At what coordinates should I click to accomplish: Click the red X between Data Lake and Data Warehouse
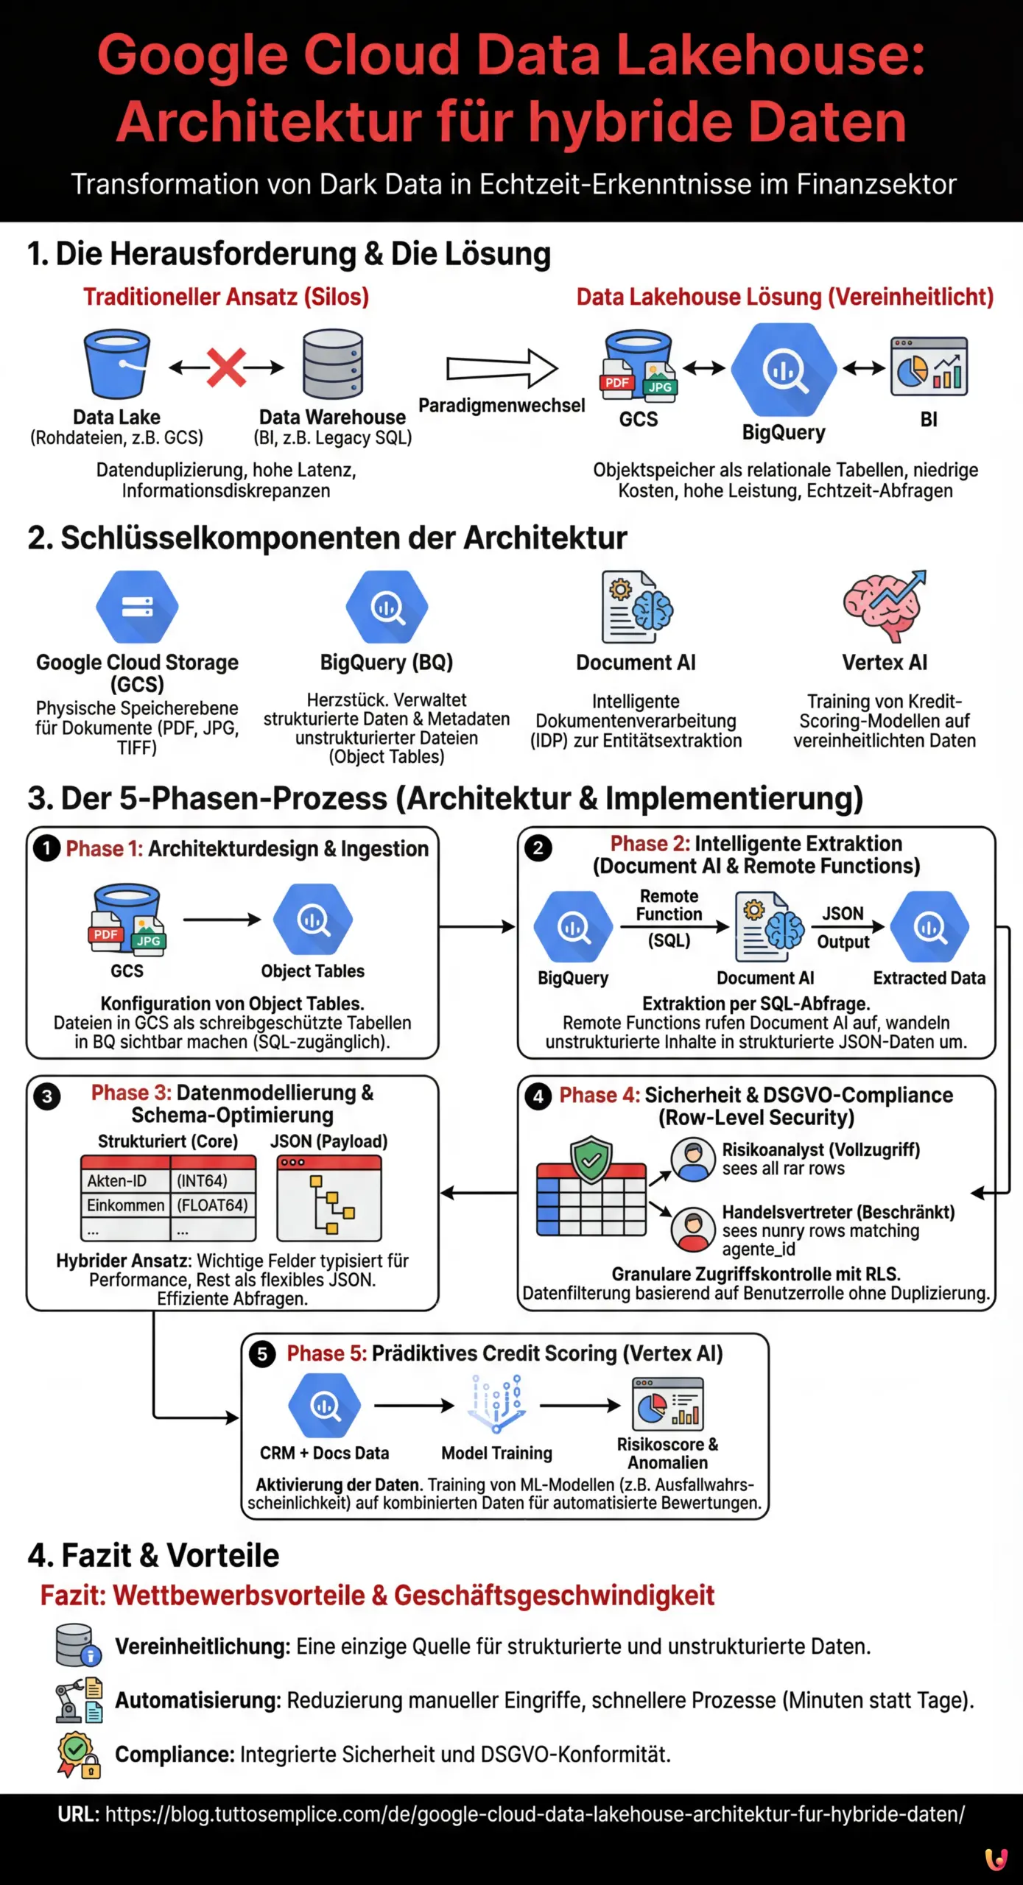click(x=226, y=367)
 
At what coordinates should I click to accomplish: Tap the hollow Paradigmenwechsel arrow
click(x=502, y=367)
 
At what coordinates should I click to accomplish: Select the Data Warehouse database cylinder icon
click(x=333, y=365)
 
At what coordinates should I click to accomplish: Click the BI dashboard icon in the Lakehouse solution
click(x=929, y=367)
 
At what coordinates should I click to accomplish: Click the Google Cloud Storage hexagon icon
click(x=137, y=607)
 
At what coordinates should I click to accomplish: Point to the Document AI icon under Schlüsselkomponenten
click(x=636, y=608)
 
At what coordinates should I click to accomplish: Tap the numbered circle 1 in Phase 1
click(x=46, y=849)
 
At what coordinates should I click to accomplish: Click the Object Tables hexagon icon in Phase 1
click(x=313, y=920)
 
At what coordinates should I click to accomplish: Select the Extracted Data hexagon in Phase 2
click(x=929, y=927)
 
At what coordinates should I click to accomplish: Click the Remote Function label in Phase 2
click(x=669, y=905)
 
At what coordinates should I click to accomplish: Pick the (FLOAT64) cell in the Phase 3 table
click(x=212, y=1205)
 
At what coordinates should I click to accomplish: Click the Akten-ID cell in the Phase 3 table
click(x=125, y=1181)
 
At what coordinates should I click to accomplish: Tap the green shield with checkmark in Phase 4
click(x=591, y=1160)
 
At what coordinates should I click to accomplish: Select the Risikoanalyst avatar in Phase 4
click(x=693, y=1159)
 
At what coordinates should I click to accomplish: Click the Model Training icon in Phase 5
click(x=496, y=1403)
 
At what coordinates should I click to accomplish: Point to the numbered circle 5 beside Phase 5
click(x=262, y=1354)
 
